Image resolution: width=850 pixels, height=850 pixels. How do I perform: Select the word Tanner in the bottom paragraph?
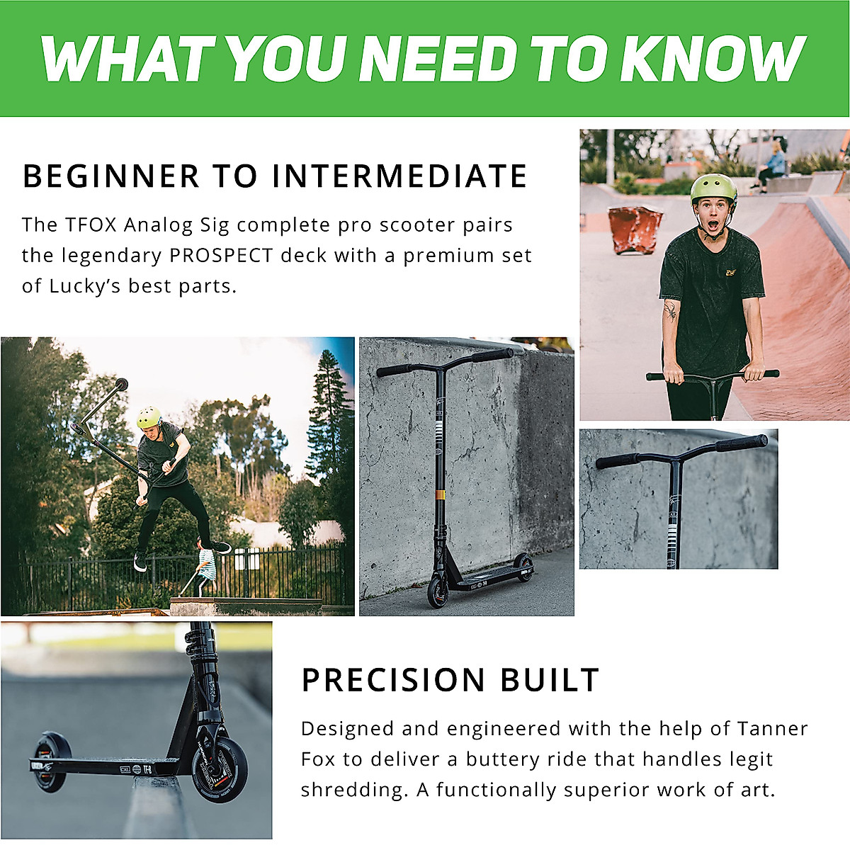[x=773, y=729]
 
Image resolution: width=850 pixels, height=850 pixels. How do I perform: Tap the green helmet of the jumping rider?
[x=149, y=416]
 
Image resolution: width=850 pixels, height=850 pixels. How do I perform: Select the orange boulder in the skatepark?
[x=635, y=228]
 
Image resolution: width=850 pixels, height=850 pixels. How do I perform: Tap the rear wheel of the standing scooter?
[x=524, y=567]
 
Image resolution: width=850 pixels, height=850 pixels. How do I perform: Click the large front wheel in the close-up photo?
[x=220, y=769]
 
